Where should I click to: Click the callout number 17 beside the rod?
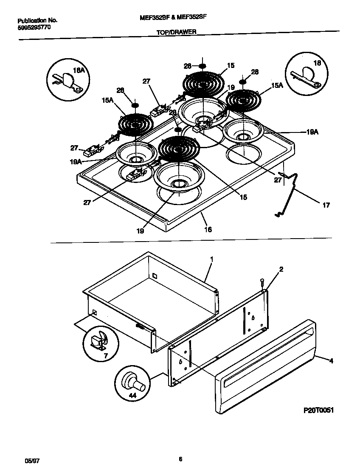325,205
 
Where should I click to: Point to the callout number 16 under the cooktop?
208,230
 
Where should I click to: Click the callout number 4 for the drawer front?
331,361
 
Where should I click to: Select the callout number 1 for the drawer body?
211,259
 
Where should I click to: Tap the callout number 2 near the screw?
281,269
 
